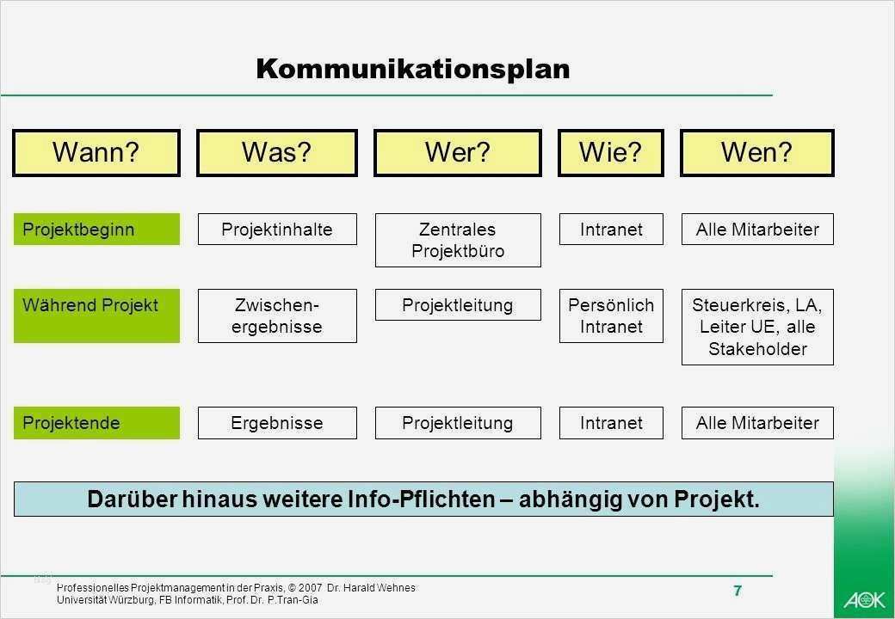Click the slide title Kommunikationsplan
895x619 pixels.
413,70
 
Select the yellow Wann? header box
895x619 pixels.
96,153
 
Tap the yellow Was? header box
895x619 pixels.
277,153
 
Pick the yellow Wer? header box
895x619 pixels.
458,153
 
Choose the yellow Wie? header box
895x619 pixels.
611,153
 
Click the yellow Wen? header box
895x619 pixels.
756,153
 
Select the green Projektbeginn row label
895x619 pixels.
96,230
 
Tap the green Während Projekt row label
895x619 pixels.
96,316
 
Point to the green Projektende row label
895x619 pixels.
96,423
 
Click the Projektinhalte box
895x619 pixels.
277,230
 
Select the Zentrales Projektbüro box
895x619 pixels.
458,240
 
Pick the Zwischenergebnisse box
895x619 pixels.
277,316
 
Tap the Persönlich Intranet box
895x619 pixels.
611,316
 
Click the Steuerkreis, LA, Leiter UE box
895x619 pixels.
757,327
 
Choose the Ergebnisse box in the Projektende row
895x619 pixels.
277,423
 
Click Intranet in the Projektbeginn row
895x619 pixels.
611,230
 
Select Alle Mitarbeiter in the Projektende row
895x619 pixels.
757,423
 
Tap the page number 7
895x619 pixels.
738,591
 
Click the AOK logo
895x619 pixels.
864,599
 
